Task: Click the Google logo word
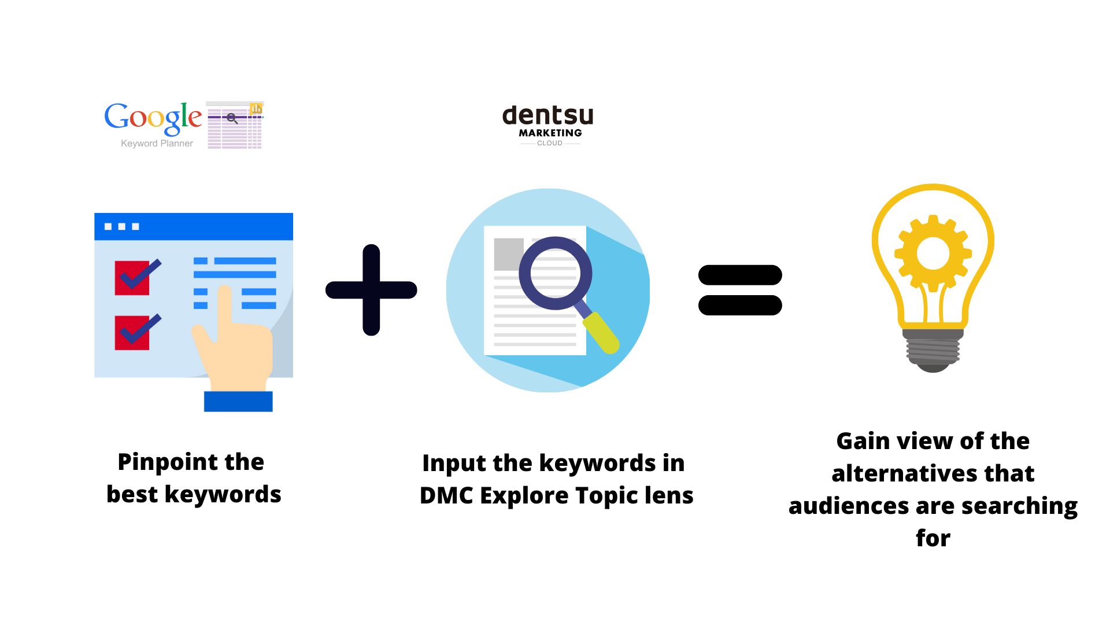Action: (x=153, y=118)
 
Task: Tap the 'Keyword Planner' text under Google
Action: (x=157, y=144)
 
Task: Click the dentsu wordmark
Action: (x=548, y=115)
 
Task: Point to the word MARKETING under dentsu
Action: (x=550, y=133)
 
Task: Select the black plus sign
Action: (x=371, y=290)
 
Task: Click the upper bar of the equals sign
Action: (x=740, y=275)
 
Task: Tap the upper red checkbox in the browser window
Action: (x=132, y=278)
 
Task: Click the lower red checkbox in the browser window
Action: (x=132, y=333)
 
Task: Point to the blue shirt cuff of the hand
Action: (x=238, y=401)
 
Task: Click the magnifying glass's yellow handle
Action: (x=601, y=333)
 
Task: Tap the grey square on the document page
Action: (x=509, y=254)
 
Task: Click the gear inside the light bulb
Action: (x=933, y=253)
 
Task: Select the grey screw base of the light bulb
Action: (x=933, y=351)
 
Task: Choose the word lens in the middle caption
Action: (x=670, y=495)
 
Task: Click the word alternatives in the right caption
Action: (x=904, y=473)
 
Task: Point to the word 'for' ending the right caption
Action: (x=933, y=538)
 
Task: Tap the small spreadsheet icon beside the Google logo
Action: (x=235, y=125)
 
